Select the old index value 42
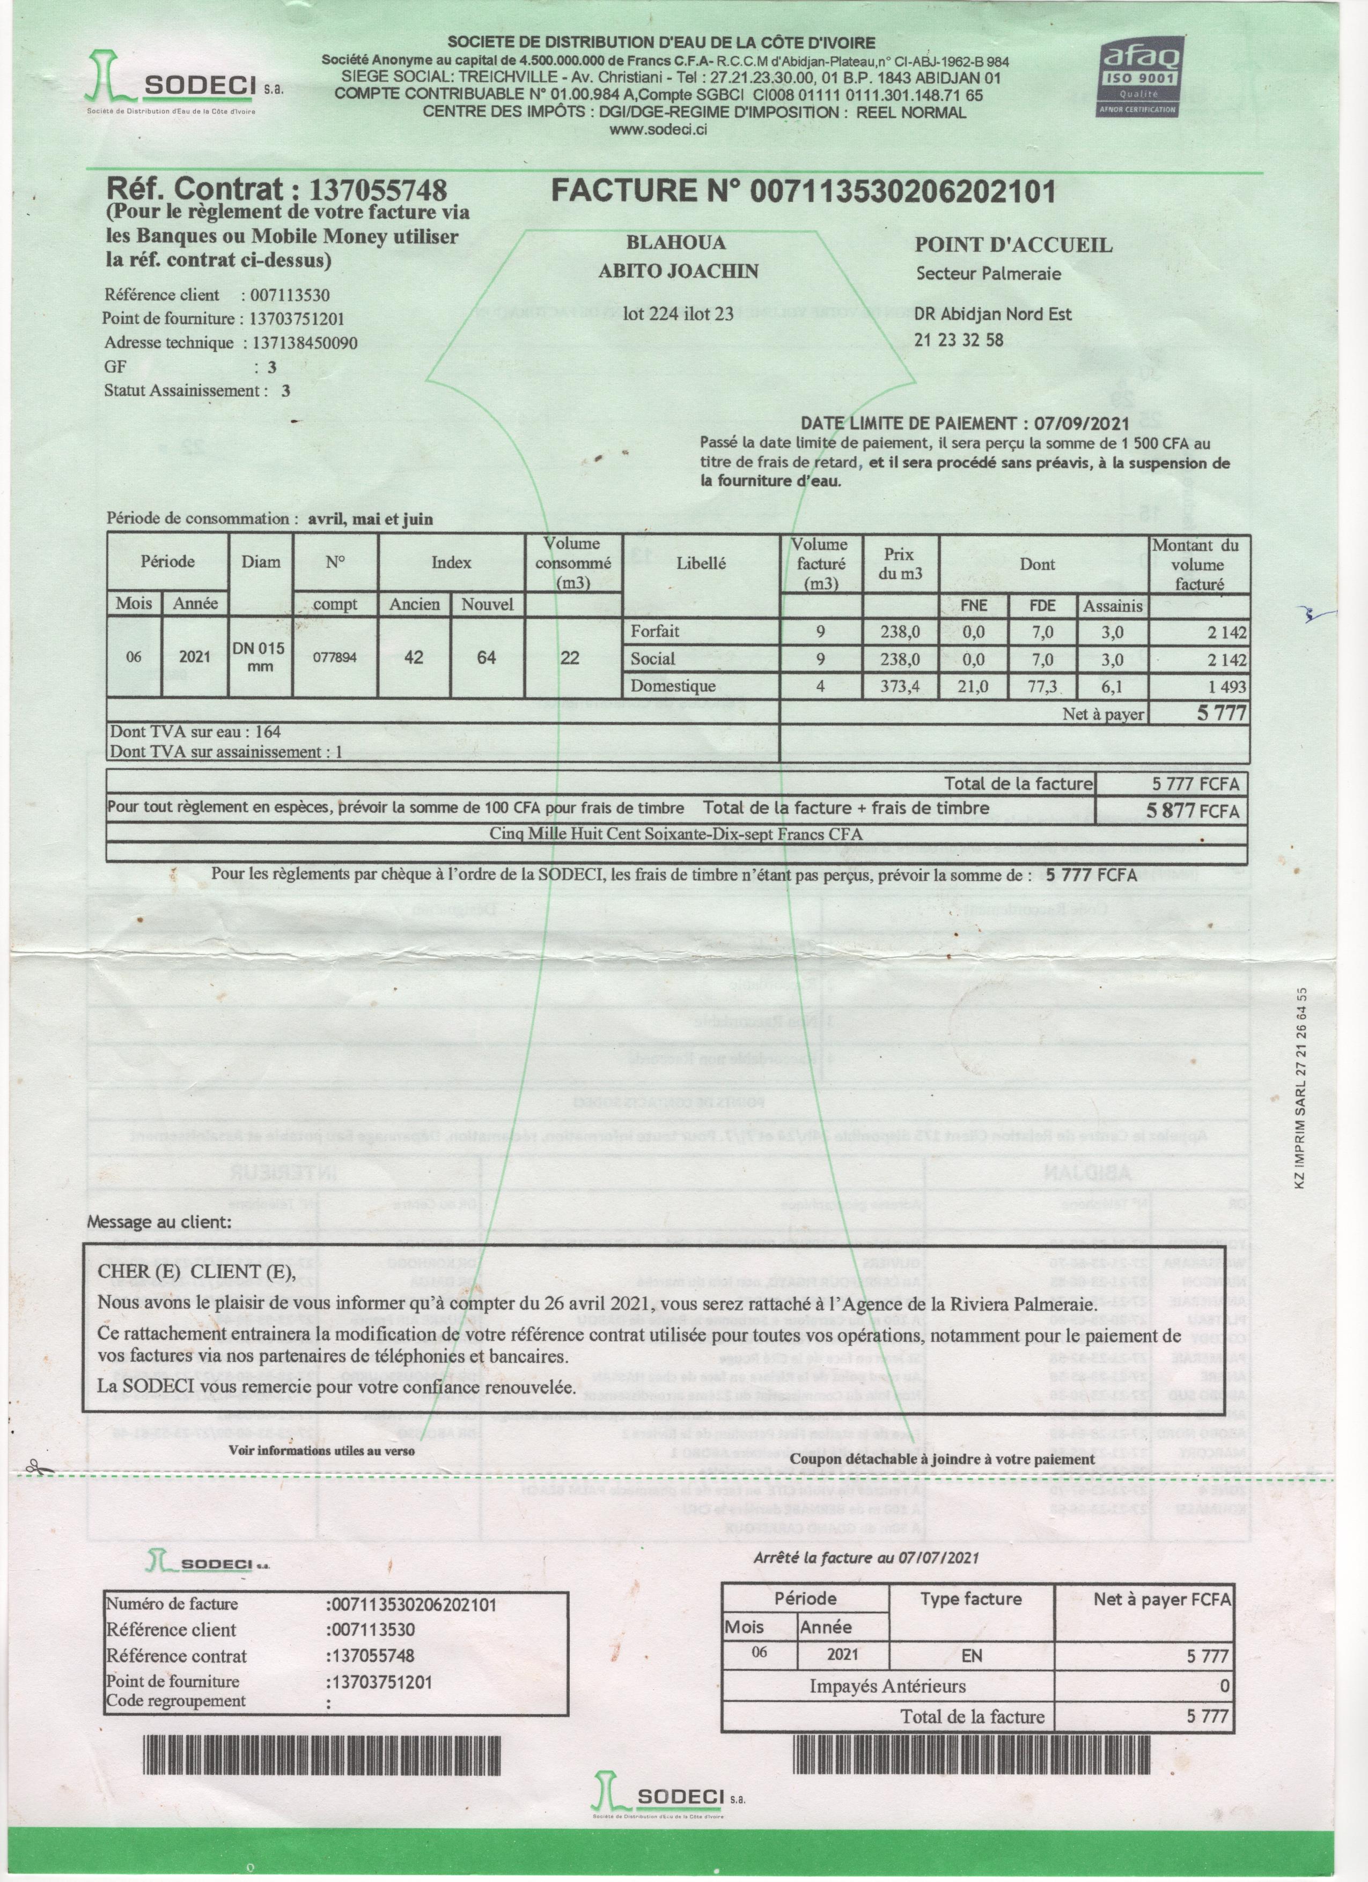tap(414, 657)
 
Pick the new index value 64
tap(487, 657)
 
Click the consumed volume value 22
tap(569, 657)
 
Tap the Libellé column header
tap(701, 562)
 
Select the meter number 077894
tap(335, 657)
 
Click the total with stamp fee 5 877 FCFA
tap(1193, 811)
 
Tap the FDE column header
tap(1042, 606)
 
